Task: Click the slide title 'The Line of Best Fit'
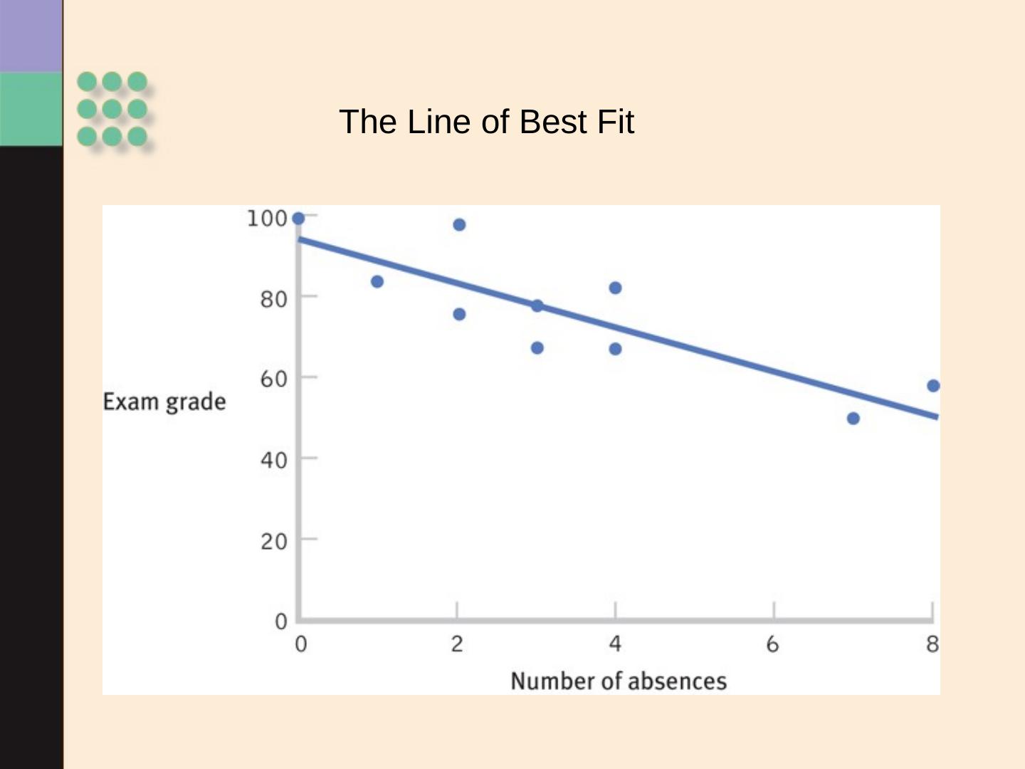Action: (486, 122)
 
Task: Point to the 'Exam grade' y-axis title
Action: (164, 402)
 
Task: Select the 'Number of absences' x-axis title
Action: (619, 681)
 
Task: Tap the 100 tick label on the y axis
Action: (267, 219)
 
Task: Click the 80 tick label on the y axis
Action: (273, 299)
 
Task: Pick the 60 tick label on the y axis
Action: (273, 379)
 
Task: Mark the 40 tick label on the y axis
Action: (273, 461)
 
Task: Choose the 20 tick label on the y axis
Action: (273, 542)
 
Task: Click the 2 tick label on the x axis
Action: (457, 644)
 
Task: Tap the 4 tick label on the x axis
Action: (615, 644)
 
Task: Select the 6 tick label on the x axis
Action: (772, 645)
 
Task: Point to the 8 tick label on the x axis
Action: (932, 644)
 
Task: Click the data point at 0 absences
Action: (299, 219)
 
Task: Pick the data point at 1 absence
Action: (377, 282)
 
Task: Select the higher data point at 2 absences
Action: (459, 225)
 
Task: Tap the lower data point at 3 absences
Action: (537, 348)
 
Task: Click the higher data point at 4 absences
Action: (616, 288)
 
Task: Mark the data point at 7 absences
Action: (853, 419)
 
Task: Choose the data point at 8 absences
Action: (933, 386)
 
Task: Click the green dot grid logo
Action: (112, 109)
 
